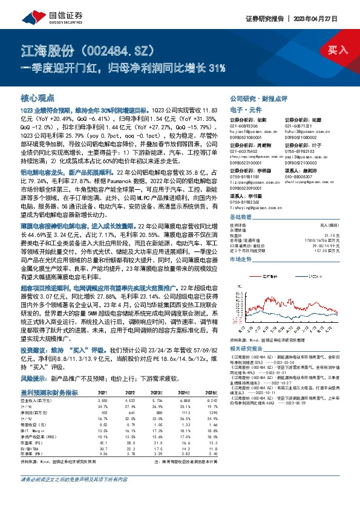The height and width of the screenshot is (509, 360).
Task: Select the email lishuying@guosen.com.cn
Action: coord(251,209)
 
